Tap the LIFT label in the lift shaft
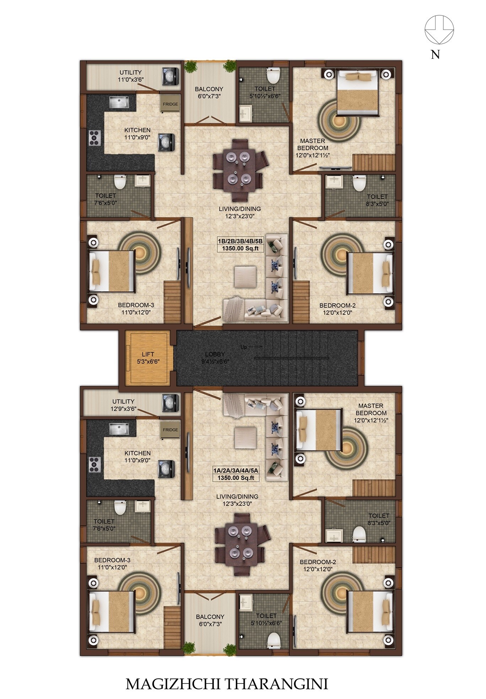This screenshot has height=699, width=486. click(x=148, y=354)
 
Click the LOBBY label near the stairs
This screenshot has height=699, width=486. click(x=215, y=354)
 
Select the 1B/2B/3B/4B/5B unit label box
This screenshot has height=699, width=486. click(x=240, y=245)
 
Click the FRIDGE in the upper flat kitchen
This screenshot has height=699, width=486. click(x=170, y=104)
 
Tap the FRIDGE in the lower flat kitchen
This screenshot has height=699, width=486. click(x=170, y=429)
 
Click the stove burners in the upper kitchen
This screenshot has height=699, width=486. click(x=94, y=138)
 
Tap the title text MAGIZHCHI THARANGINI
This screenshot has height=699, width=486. click(x=227, y=684)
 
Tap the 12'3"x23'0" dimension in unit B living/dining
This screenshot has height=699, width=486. click(x=237, y=216)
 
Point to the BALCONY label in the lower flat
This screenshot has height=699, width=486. click(x=210, y=616)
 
